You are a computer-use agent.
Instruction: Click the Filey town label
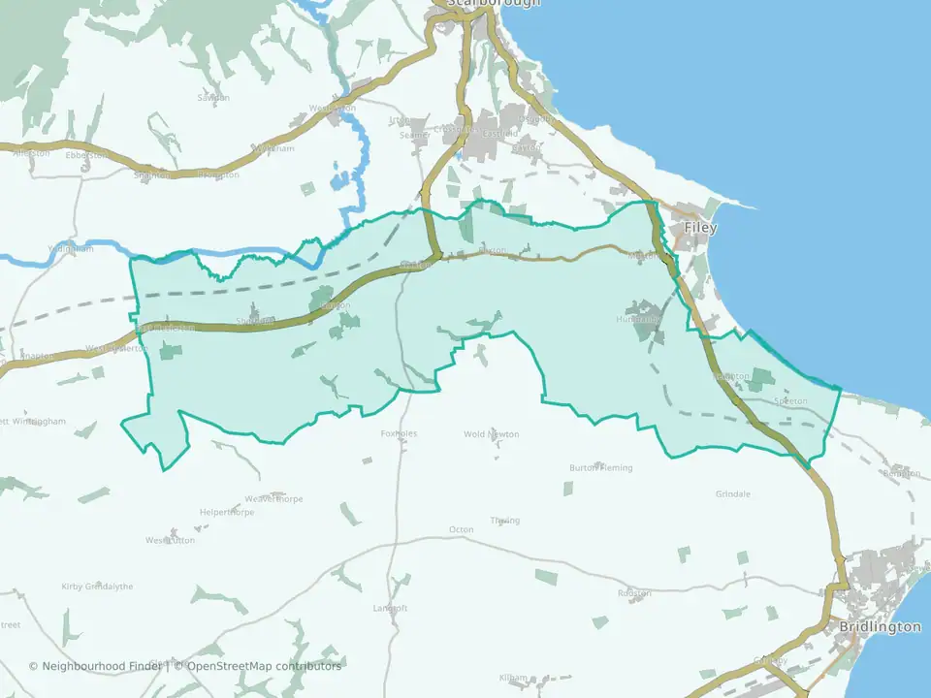click(x=700, y=228)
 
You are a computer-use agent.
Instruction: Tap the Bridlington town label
click(x=881, y=626)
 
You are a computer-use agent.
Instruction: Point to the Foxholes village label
click(x=399, y=433)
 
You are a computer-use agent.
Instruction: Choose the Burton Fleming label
click(x=600, y=467)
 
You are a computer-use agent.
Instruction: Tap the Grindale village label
click(x=733, y=493)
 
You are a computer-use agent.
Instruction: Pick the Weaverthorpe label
click(x=274, y=498)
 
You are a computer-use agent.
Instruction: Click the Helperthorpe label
click(x=226, y=512)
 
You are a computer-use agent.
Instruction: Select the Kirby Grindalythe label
click(x=97, y=587)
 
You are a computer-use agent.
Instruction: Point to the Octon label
click(x=461, y=529)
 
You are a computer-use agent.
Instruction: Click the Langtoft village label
click(x=391, y=608)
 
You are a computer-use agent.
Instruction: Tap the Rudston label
click(x=634, y=593)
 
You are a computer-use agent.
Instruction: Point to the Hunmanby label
click(x=638, y=318)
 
